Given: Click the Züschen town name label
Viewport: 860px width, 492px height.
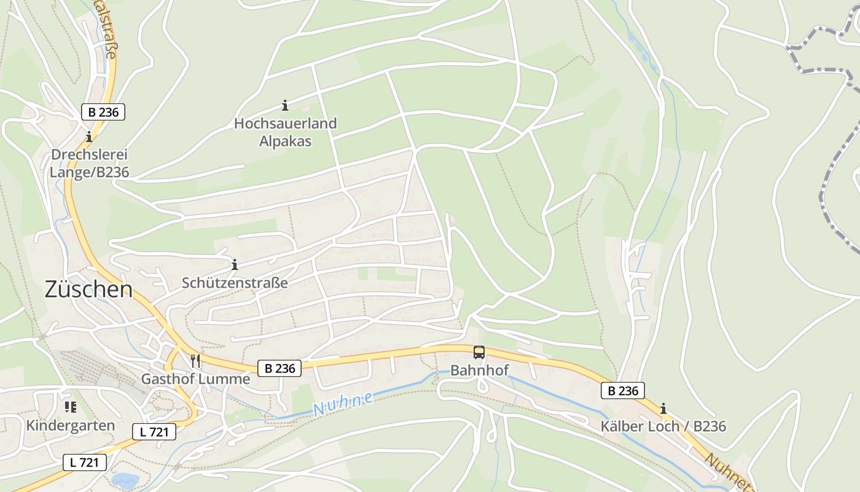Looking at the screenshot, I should click(88, 290).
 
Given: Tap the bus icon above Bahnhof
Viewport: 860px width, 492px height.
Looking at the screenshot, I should click(479, 352).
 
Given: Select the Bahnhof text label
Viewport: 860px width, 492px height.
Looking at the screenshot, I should click(479, 370).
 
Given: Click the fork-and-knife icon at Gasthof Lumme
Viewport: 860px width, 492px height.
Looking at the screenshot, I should click(195, 361).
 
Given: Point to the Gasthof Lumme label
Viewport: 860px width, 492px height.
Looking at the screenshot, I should click(195, 379).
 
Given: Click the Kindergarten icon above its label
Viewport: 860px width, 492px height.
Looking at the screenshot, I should click(70, 407).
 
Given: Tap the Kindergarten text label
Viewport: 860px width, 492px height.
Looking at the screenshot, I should click(70, 426).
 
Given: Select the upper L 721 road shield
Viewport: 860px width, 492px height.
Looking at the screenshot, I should click(154, 432).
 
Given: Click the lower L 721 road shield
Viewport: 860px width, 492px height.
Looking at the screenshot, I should click(85, 462).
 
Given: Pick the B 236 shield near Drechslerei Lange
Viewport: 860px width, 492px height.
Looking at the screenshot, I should click(103, 112).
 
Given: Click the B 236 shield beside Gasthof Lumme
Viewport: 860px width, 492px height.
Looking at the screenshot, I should click(279, 368).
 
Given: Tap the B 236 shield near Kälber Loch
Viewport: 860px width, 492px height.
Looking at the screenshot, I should click(623, 391).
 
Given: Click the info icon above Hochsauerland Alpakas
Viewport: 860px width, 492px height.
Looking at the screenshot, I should click(285, 106).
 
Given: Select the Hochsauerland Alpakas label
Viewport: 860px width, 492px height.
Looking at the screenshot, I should click(285, 132).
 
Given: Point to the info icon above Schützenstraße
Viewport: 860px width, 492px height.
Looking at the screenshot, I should click(234, 265).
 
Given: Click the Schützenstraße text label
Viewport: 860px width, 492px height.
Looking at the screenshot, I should click(234, 283).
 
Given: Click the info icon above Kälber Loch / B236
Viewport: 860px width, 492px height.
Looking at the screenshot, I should click(663, 408).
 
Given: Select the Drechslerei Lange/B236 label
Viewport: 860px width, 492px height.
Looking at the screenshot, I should click(89, 164).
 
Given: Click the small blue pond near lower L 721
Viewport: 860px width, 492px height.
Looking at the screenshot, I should click(125, 480).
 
